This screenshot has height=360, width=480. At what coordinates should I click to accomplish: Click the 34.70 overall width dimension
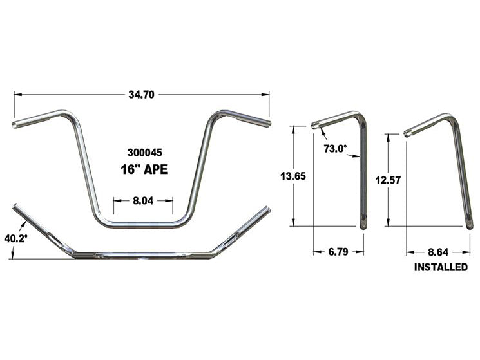(142, 94)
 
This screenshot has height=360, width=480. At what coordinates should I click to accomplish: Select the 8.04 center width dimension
(142, 200)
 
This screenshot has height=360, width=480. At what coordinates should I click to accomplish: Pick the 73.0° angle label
(335, 149)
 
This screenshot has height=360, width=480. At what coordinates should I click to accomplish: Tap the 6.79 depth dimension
(338, 252)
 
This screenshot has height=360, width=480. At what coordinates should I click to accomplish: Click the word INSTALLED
(441, 267)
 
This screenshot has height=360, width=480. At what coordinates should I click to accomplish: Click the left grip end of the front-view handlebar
(16, 123)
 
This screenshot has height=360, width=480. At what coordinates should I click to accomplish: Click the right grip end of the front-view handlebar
(267, 120)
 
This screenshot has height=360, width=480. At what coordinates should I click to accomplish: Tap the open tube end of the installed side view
(408, 133)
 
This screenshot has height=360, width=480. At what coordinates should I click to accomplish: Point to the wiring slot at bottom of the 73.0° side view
(364, 220)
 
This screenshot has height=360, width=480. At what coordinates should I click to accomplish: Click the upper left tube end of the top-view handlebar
(15, 207)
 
